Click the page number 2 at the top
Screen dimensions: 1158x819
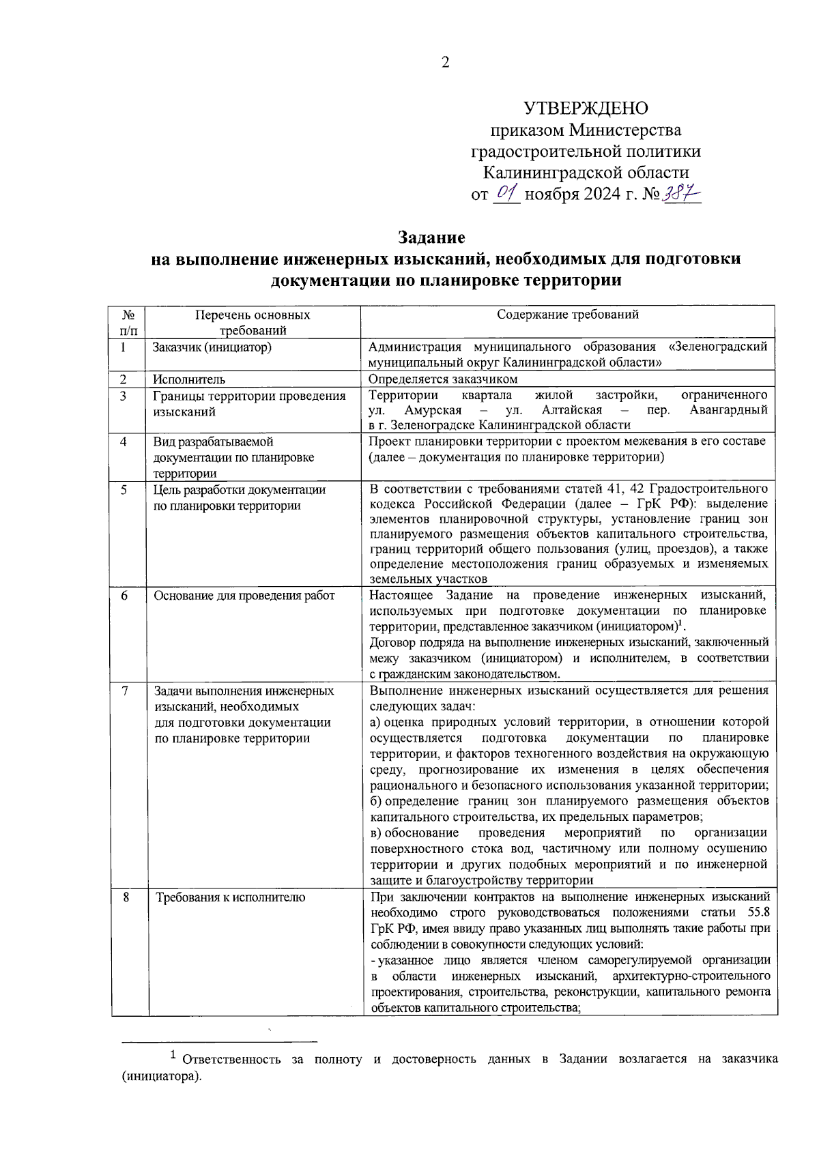click(446, 63)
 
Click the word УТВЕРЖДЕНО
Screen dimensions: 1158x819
click(586, 108)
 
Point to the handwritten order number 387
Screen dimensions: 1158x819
click(682, 194)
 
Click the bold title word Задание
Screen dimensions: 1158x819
click(431, 237)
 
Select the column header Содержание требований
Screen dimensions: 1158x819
click(567, 315)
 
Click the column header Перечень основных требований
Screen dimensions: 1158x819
click(253, 323)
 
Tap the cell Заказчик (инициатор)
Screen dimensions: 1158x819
click(212, 347)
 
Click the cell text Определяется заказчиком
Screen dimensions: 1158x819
click(443, 379)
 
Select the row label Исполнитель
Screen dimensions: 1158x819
click(189, 379)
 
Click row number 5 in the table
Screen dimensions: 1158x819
click(124, 489)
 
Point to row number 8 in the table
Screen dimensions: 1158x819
click(126, 897)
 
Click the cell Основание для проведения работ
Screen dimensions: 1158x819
click(244, 596)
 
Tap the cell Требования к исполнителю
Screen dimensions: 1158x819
click(230, 897)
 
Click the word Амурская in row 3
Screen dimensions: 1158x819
click(433, 410)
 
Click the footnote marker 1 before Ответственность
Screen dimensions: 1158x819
click(173, 1056)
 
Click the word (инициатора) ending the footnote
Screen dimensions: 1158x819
click(162, 1077)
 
